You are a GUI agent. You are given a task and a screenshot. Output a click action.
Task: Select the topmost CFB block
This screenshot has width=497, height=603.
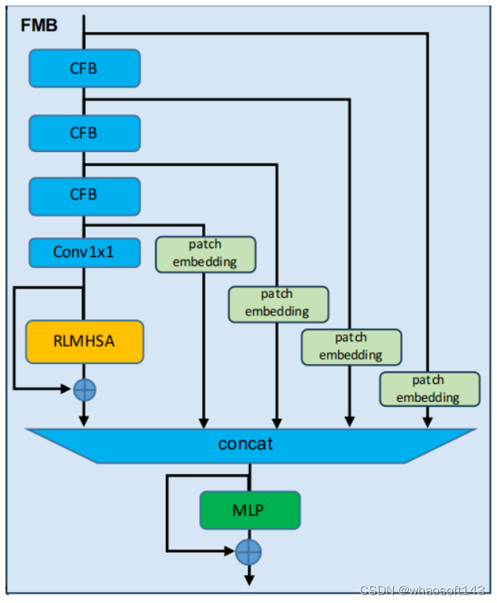(x=84, y=69)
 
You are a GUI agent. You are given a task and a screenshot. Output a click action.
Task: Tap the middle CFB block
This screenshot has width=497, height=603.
(x=84, y=133)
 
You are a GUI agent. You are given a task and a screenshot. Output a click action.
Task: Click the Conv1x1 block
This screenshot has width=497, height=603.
(x=84, y=252)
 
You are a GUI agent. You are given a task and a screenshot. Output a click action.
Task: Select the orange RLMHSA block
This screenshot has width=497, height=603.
(x=84, y=341)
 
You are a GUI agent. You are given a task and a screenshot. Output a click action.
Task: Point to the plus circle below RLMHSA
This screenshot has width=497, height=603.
(x=84, y=389)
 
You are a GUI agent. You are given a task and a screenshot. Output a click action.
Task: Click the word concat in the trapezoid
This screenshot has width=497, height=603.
(x=245, y=443)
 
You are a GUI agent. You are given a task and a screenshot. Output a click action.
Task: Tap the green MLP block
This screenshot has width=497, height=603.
(x=249, y=510)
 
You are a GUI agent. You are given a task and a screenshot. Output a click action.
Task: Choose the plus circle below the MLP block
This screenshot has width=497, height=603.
(x=249, y=551)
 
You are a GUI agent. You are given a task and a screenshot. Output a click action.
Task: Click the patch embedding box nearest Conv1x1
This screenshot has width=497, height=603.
(x=205, y=254)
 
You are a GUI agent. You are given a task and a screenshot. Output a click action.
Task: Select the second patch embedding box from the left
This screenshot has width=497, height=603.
(x=277, y=303)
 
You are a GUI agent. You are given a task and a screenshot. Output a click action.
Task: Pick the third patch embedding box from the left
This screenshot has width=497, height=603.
(x=350, y=346)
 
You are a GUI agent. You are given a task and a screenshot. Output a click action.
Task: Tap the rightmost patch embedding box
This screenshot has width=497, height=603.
(x=428, y=389)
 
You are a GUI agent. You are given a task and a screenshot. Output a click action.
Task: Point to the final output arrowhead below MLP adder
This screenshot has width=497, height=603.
(x=249, y=579)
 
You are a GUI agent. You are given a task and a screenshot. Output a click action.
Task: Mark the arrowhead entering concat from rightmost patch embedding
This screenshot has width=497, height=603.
(x=428, y=423)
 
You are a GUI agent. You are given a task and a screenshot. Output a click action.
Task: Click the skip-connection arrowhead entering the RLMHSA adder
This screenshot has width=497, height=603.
(x=69, y=389)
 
